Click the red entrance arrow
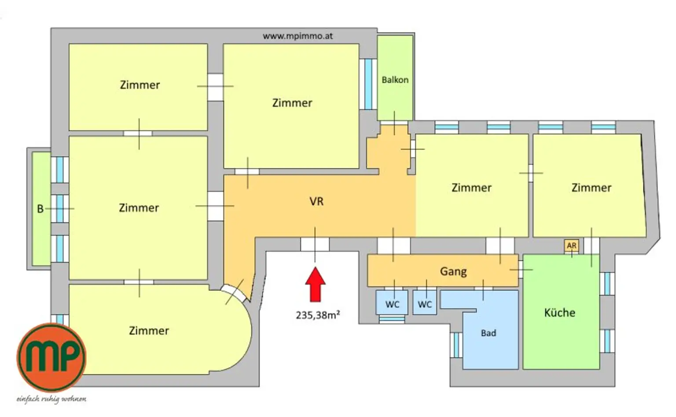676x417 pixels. tap(315, 284)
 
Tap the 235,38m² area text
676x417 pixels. tap(318, 315)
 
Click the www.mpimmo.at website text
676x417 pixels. tap(298, 36)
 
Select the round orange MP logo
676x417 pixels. tap(51, 357)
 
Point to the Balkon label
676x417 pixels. tap(395, 80)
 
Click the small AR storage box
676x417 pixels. tap(572, 246)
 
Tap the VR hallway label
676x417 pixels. tap(316, 201)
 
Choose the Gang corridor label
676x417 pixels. tap(453, 271)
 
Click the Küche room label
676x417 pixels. tap(560, 313)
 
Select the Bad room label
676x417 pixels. tap(488, 333)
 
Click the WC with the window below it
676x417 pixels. tap(392, 302)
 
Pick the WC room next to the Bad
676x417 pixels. tap(425, 302)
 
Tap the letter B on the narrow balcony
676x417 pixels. tap(40, 209)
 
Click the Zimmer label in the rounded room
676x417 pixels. tap(149, 331)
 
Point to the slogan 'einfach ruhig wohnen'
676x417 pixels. tap(51, 399)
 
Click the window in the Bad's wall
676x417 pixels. tap(456, 345)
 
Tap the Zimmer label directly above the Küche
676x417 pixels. tap(591, 188)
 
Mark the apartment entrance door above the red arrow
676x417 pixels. tap(315, 245)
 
